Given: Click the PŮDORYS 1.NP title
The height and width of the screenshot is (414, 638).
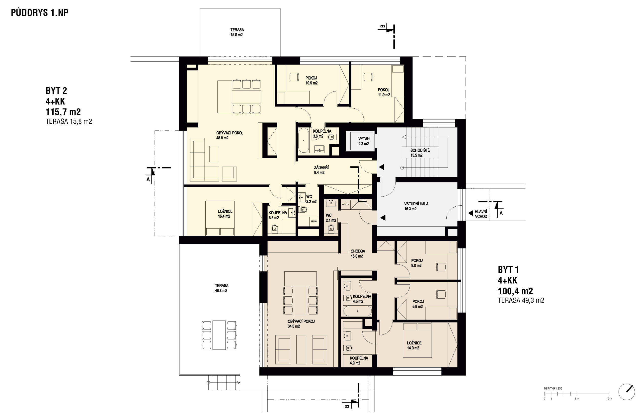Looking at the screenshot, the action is (x=40, y=13).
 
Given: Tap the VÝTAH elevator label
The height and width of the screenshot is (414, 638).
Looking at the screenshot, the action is (x=364, y=139).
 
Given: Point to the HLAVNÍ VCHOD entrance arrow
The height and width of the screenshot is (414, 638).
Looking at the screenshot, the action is (x=471, y=213).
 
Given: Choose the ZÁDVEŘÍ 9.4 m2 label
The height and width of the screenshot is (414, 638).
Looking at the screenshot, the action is (x=321, y=170).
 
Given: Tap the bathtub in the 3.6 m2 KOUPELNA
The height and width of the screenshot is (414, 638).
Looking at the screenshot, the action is (x=304, y=140).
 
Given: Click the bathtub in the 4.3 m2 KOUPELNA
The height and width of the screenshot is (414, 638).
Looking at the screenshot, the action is (x=358, y=311).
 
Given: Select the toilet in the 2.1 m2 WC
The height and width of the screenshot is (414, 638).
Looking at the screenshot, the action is (x=331, y=228).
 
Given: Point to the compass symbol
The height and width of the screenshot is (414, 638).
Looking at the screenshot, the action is (x=627, y=392).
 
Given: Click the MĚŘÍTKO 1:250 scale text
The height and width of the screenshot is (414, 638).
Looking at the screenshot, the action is (x=553, y=389).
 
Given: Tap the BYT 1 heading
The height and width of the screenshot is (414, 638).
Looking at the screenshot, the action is (x=508, y=269).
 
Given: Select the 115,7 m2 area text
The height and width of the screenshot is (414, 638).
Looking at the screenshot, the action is (x=63, y=112).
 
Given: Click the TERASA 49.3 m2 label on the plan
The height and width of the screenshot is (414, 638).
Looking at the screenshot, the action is (x=221, y=288).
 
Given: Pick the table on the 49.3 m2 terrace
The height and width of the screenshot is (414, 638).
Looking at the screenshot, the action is (x=219, y=335).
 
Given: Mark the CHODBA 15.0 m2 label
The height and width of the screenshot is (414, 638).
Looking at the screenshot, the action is (x=358, y=254).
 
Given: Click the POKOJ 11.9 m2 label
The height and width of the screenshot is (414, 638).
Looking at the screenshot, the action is (x=384, y=92).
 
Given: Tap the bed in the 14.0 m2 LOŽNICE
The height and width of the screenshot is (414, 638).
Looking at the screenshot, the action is (x=417, y=340).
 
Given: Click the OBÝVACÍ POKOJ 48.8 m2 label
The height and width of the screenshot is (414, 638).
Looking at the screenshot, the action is (x=230, y=135).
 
